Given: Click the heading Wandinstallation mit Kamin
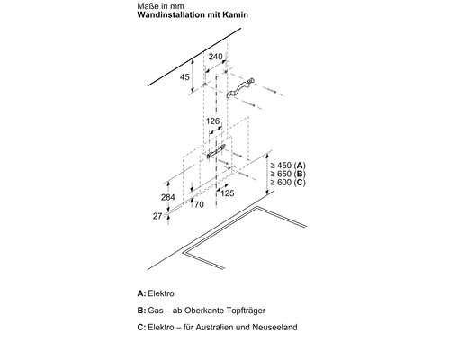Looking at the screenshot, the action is click(x=193, y=14).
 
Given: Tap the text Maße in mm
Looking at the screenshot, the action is click(x=161, y=6).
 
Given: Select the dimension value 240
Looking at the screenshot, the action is click(x=216, y=57).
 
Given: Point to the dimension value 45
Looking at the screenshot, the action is click(x=184, y=77).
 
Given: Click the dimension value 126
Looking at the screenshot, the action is click(x=212, y=121).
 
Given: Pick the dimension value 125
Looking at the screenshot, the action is click(x=227, y=193).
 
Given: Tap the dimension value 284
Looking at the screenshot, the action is click(x=168, y=197).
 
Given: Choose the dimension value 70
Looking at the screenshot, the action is click(x=199, y=204).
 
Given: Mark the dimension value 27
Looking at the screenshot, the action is click(x=157, y=216).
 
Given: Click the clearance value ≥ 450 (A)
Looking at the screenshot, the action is click(x=288, y=166).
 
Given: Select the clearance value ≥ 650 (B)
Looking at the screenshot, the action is click(x=288, y=174).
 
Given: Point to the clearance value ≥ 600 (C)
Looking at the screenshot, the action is click(x=288, y=182).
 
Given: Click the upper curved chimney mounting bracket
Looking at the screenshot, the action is click(x=240, y=88).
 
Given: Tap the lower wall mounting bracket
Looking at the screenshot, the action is click(x=216, y=151).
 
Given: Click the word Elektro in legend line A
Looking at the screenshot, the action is click(x=161, y=293).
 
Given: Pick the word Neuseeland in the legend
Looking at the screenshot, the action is click(x=274, y=327).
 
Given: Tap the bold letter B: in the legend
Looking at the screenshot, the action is click(x=141, y=310).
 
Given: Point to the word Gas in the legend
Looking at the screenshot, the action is click(x=155, y=310).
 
